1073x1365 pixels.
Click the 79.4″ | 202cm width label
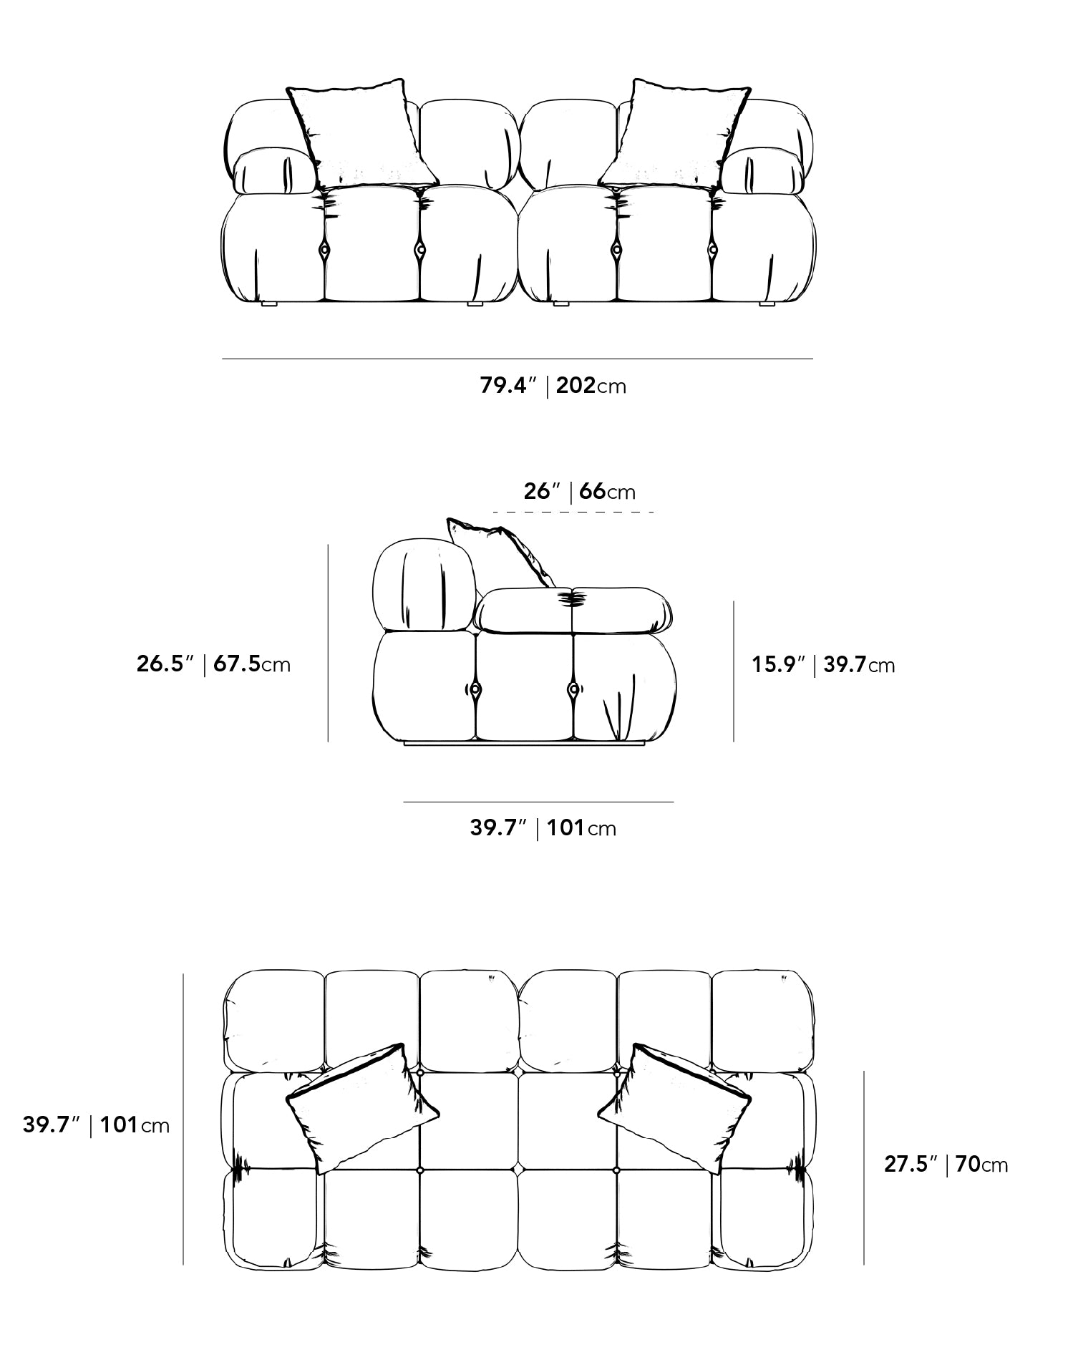553,386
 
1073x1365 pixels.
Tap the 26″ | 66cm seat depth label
579,492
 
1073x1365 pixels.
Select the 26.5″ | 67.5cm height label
213,664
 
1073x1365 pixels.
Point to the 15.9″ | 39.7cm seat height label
823,665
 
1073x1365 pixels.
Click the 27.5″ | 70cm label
946,1165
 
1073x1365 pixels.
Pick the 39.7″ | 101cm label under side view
543,828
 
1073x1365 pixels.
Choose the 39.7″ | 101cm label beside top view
96,1125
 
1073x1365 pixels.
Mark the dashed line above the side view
573,512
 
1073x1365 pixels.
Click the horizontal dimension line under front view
518,359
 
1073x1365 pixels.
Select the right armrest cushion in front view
762,171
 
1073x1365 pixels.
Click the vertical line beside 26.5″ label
328,643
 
